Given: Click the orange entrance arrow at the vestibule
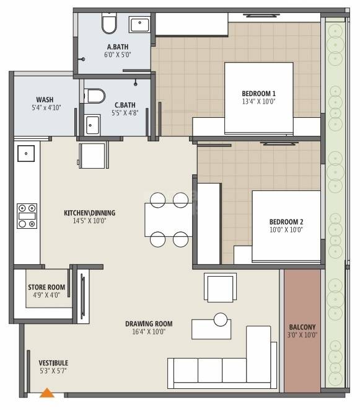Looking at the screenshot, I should [x=47, y=392].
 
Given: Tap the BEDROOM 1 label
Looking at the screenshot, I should [x=258, y=94].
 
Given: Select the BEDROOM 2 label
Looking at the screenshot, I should [x=286, y=221].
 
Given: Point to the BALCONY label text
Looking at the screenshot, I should [x=302, y=328].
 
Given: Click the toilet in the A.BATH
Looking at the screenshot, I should [x=109, y=24].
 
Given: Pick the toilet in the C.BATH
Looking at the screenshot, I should [x=95, y=96].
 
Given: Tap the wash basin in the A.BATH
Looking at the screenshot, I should [x=139, y=25].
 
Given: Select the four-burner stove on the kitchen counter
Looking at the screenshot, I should [x=27, y=215].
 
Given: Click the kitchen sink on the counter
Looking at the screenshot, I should [x=26, y=153].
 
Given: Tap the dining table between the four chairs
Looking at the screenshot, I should [x=169, y=219].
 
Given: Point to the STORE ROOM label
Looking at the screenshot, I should [x=46, y=287].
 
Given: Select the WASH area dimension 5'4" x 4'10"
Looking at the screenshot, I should [x=44, y=108].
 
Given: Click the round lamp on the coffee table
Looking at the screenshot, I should [x=221, y=319].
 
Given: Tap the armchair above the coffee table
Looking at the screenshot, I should [x=221, y=287].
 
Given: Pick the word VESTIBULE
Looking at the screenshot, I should [x=53, y=363].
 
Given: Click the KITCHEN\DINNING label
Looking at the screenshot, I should [x=89, y=213].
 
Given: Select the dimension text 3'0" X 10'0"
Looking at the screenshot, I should [x=302, y=336].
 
